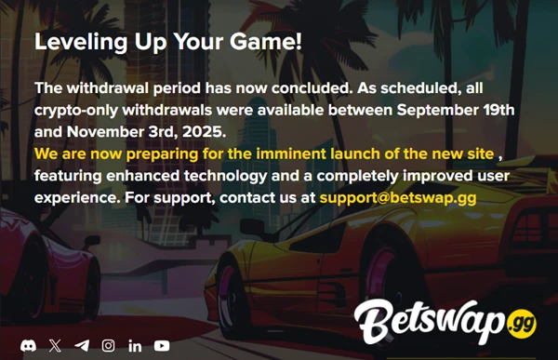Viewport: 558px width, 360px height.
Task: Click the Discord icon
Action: (28, 345)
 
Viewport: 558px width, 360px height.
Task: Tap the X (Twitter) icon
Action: (55, 345)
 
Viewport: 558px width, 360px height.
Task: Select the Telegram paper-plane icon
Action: (82, 345)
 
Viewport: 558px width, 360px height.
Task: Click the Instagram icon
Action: (109, 345)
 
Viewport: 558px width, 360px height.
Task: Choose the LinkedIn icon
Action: (135, 345)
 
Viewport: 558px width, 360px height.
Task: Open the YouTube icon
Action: (162, 345)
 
